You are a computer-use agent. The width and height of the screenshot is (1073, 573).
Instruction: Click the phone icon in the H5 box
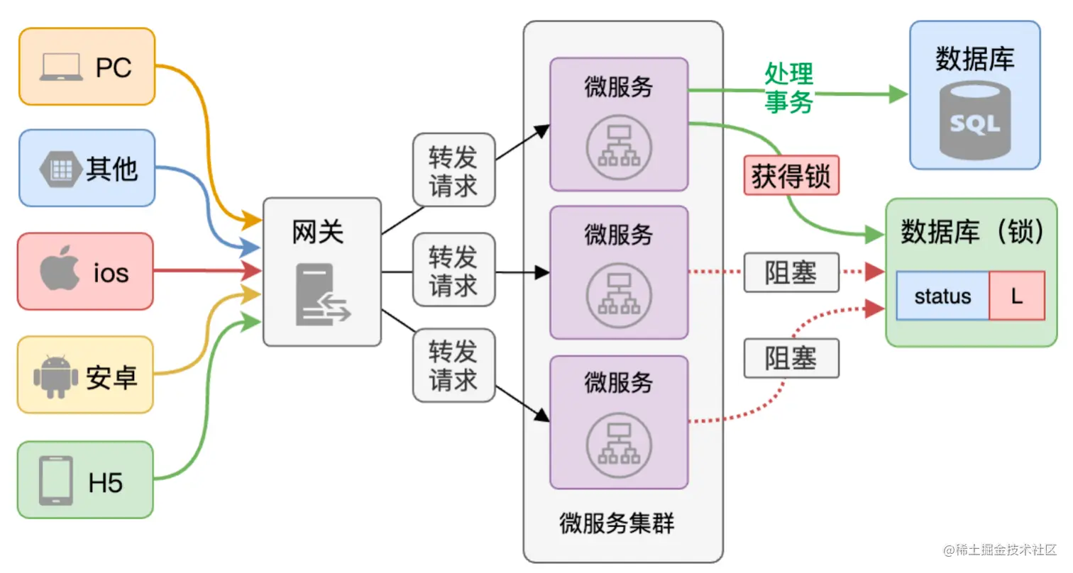tap(56, 481)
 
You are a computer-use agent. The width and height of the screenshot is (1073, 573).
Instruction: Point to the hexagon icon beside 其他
tap(60, 169)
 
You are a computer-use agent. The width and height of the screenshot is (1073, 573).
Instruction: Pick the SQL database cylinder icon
tap(974, 121)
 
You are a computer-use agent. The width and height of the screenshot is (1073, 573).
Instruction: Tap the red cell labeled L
tap(1016, 295)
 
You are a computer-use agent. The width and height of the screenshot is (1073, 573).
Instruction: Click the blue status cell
tap(942, 295)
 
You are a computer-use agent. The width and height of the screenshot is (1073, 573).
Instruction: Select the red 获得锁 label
tap(791, 176)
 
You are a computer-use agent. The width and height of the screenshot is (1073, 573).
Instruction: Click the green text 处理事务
tap(788, 88)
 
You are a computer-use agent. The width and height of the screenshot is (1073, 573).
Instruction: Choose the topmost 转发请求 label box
tap(453, 170)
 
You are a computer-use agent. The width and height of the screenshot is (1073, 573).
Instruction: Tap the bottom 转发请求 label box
tap(453, 365)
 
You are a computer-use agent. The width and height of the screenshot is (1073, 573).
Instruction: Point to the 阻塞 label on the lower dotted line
tap(791, 358)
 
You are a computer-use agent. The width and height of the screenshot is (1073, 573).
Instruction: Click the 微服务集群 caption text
tap(617, 524)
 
